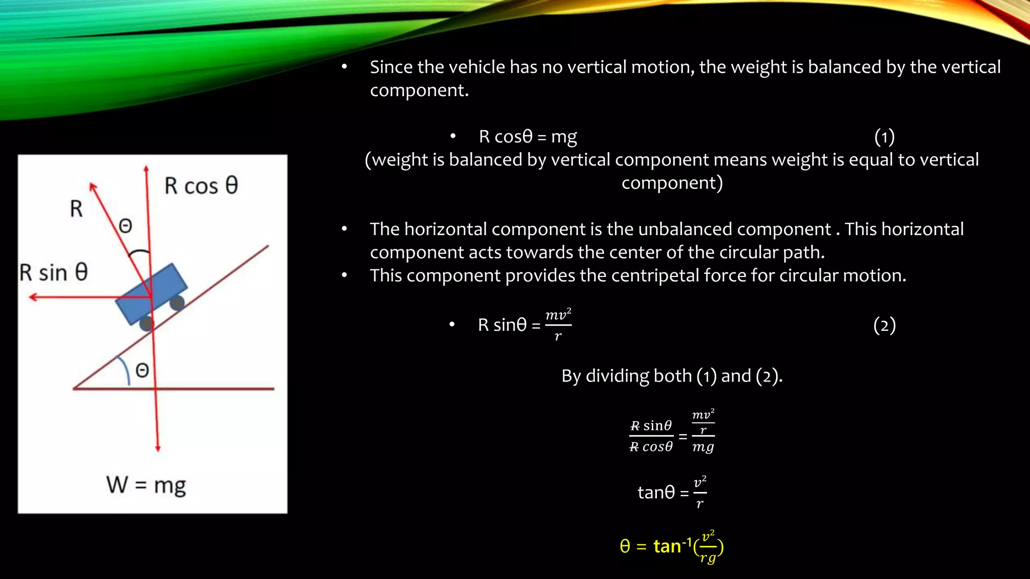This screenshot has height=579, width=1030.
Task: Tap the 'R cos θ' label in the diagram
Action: (201, 186)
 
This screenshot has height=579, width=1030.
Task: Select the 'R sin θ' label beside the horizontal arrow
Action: (54, 273)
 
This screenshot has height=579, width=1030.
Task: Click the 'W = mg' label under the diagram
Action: (146, 486)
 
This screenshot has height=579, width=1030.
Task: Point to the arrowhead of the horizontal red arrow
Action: (33, 297)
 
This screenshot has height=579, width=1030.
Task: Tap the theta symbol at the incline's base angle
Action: (142, 371)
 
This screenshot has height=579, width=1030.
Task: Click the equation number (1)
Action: (884, 137)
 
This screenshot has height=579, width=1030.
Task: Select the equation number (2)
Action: (884, 325)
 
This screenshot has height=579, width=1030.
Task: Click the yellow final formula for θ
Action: (671, 546)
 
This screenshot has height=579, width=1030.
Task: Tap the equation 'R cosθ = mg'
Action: (528, 137)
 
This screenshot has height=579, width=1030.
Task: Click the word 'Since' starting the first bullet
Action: (392, 67)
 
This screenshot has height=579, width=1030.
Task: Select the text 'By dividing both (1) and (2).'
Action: (672, 376)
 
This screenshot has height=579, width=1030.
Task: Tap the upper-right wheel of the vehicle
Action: (177, 303)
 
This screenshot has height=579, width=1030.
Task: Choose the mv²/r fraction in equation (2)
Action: (558, 325)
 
